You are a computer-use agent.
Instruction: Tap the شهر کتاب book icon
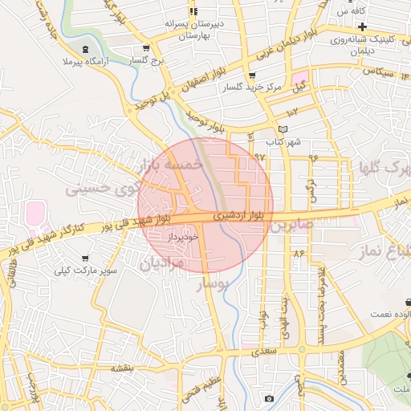coord(281,129)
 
